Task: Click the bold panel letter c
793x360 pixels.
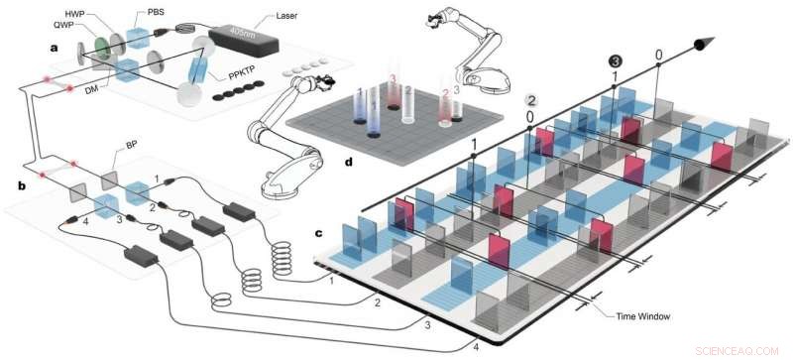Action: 319,234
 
